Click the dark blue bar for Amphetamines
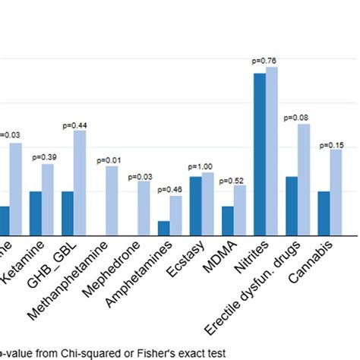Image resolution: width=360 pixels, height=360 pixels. [x=163, y=229]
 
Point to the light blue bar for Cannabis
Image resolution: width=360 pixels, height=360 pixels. [x=336, y=193]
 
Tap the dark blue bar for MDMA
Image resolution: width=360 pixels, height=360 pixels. [x=228, y=221]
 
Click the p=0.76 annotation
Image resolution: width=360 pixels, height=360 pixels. [x=266, y=61]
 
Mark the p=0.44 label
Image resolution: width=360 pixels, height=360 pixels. [x=74, y=125]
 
